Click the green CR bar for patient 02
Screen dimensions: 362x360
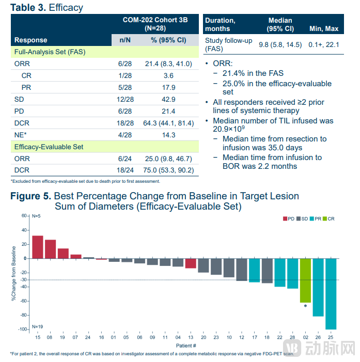(305, 280)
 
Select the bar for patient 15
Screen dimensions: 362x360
(38, 247)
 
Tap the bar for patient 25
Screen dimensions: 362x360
(331, 293)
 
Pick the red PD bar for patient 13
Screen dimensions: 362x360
(191, 263)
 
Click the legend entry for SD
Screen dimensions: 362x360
(302, 219)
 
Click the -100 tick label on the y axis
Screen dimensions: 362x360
(22, 329)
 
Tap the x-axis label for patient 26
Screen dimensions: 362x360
(318, 337)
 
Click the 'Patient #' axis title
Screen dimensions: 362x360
(185, 345)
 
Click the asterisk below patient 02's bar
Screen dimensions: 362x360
(305, 306)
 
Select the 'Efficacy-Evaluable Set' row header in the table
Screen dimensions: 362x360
(49, 147)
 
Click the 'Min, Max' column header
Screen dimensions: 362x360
(323, 29)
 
